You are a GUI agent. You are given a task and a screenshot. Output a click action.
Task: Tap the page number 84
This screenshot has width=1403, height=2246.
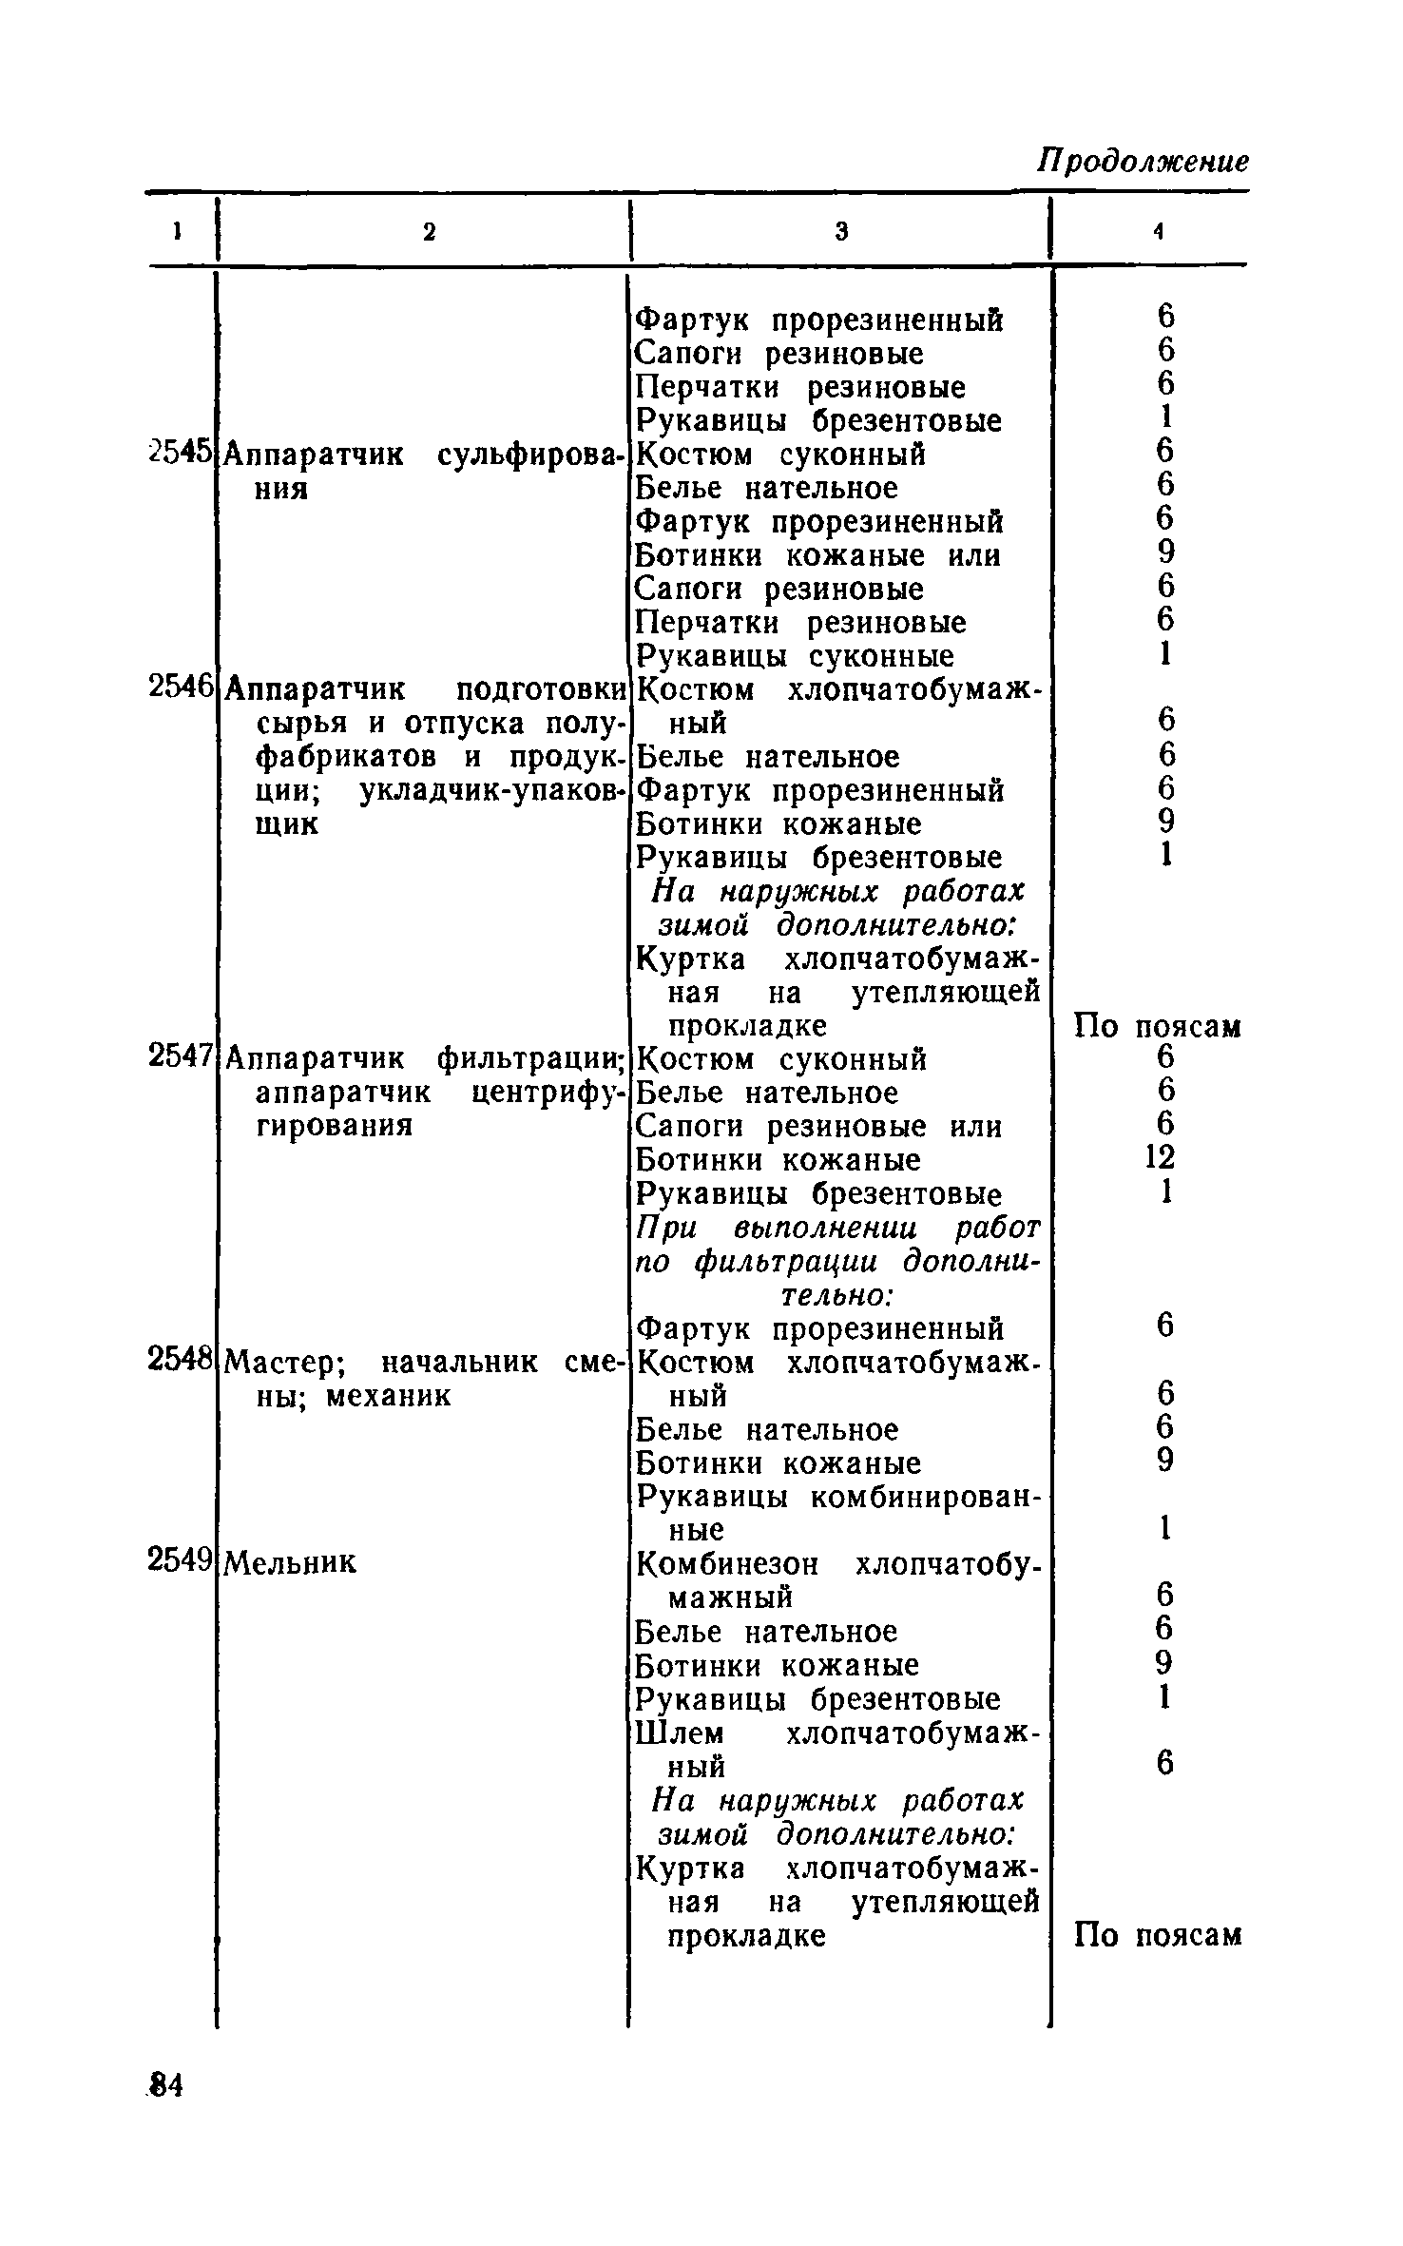[165, 2085]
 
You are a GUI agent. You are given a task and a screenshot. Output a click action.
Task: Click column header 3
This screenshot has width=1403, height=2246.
[841, 231]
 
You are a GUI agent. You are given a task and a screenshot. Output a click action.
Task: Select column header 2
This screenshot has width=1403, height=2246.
[429, 231]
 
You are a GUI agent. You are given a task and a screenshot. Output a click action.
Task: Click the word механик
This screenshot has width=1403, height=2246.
[387, 1396]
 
